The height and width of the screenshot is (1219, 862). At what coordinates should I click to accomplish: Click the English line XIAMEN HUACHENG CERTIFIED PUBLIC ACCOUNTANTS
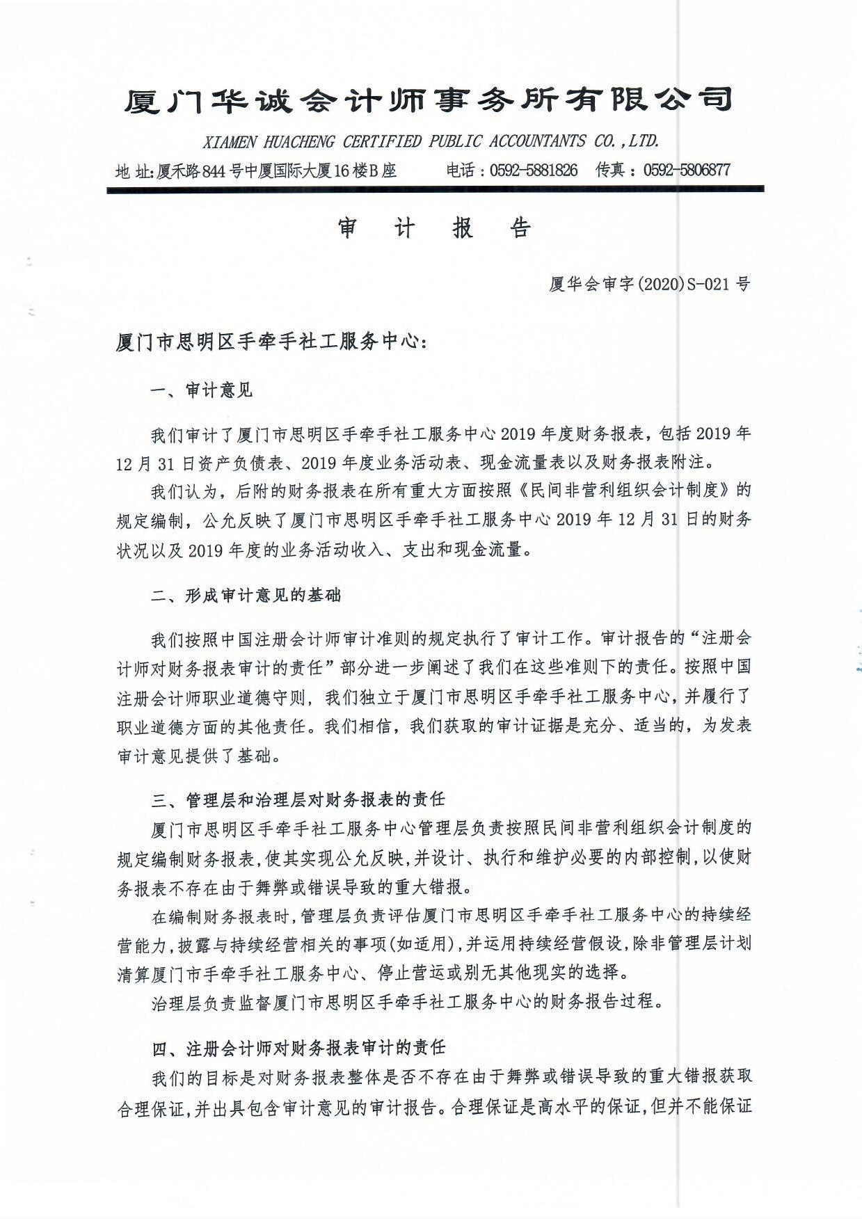(431, 141)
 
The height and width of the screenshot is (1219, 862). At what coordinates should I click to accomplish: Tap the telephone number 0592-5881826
(534, 170)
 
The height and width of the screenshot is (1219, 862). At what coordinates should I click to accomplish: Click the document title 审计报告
(435, 228)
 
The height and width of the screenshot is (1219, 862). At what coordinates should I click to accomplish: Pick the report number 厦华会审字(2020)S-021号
(650, 285)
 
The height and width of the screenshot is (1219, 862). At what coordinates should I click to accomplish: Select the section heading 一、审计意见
(202, 390)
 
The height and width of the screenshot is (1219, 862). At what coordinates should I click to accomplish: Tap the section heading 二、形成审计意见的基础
(246, 596)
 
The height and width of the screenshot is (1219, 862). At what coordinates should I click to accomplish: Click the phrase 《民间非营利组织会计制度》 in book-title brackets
(622, 491)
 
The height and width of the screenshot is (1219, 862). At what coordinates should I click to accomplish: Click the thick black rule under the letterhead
(435, 189)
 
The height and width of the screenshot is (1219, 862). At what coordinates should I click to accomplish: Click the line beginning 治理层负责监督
(403, 1002)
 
